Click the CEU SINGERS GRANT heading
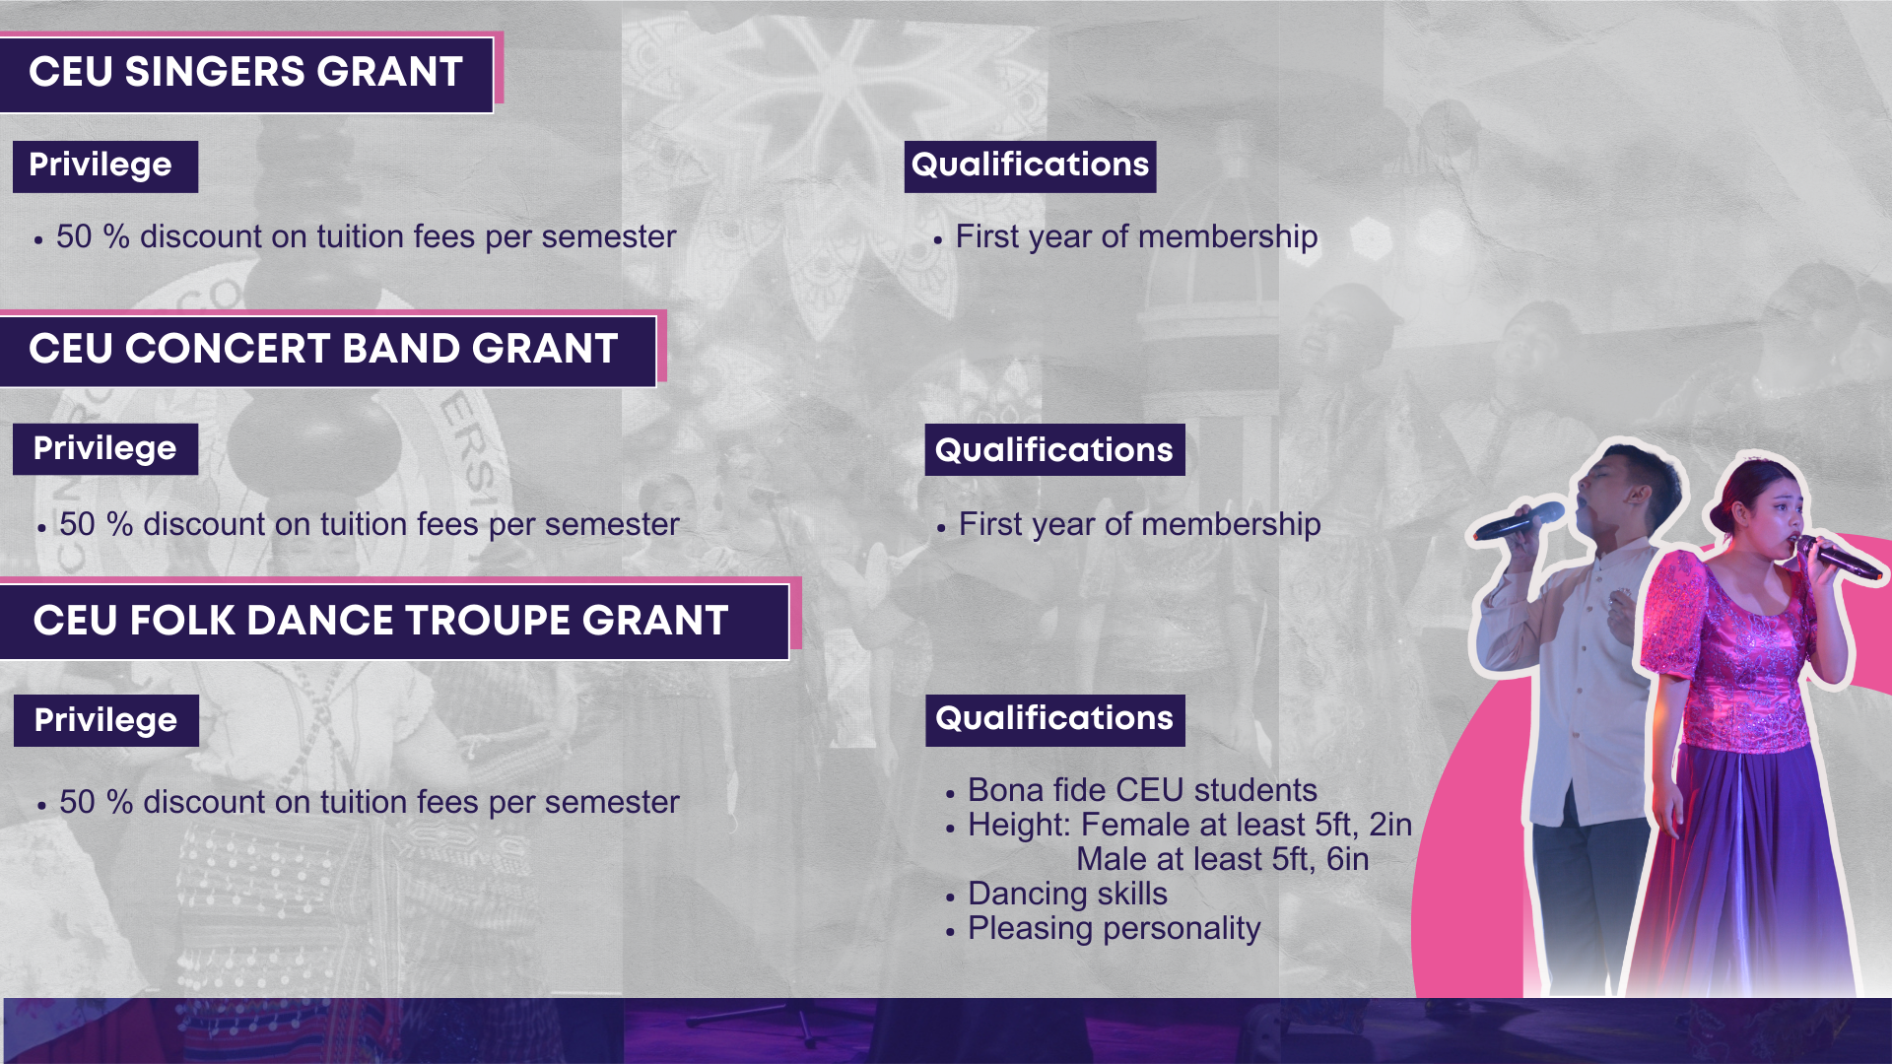click(x=245, y=72)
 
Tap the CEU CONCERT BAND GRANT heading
click(x=323, y=349)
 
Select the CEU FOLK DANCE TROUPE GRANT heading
click(x=380, y=621)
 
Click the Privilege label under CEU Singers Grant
click(x=101, y=166)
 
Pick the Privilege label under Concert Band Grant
click(x=104, y=449)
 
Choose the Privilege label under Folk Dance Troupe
click(x=105, y=720)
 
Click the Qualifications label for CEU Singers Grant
click(x=1030, y=166)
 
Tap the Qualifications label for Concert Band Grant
click(x=1054, y=450)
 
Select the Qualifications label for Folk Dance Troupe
click(x=1054, y=719)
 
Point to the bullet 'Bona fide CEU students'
click(x=1142, y=790)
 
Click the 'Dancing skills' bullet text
click(x=1067, y=894)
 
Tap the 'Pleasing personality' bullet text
click(x=1114, y=928)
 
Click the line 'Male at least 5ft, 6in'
click(x=1222, y=859)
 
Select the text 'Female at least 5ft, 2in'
click(x=1247, y=825)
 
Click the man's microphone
click(x=1519, y=519)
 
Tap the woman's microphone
click(x=1837, y=557)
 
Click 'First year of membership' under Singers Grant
click(x=1136, y=237)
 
